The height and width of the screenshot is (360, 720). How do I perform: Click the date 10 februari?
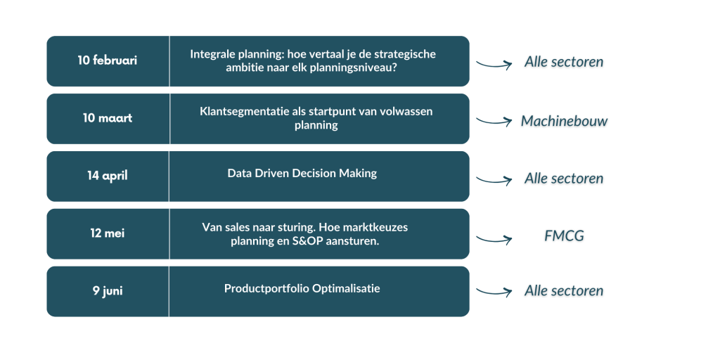108,60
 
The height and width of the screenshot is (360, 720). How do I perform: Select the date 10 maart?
108,118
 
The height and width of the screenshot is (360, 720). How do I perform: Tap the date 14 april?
108,176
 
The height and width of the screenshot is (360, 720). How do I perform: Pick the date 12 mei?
108,233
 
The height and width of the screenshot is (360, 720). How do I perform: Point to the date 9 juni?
108,290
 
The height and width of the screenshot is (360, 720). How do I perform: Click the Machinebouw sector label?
564,122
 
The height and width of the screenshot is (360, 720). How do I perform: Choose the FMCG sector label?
564,236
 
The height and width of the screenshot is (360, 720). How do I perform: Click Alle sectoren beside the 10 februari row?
564,62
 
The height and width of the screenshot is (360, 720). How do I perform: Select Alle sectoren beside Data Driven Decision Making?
564,179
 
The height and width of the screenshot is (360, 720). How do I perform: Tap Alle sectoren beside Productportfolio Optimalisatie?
564,291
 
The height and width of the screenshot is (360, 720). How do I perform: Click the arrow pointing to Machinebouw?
494,122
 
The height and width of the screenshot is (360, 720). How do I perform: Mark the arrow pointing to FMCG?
494,240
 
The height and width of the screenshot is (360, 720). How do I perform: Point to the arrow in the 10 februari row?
494,65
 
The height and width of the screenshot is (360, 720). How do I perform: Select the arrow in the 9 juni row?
494,291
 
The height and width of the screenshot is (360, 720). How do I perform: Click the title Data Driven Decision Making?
302,174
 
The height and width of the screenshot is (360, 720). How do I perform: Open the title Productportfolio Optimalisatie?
302,288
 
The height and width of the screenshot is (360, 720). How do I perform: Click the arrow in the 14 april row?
494,180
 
